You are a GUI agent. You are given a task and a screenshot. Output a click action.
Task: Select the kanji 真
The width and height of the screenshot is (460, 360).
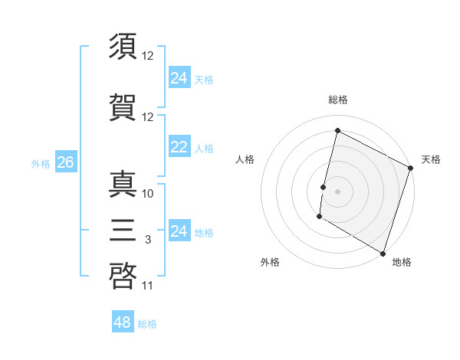click(123, 184)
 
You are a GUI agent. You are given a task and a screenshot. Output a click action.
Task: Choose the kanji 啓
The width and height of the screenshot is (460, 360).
click(123, 274)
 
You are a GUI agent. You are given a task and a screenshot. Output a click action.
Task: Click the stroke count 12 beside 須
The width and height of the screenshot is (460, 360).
click(148, 56)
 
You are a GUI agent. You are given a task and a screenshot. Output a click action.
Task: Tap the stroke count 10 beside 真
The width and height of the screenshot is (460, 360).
click(148, 193)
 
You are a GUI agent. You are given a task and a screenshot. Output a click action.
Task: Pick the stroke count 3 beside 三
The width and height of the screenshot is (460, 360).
click(148, 240)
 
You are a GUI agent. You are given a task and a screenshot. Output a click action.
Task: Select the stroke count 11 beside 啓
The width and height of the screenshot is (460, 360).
click(148, 286)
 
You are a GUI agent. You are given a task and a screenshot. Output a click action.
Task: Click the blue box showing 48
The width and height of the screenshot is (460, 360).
click(123, 322)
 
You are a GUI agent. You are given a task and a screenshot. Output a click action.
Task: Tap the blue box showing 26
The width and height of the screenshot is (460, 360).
click(65, 162)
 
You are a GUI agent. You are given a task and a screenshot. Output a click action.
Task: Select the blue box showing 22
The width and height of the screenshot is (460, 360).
click(179, 148)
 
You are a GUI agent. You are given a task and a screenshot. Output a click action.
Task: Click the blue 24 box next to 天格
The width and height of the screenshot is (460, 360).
click(179, 78)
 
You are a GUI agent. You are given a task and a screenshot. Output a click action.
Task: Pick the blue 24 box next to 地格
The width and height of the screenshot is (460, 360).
click(179, 231)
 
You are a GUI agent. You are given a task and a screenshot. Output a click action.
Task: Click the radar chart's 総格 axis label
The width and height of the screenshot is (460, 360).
click(337, 100)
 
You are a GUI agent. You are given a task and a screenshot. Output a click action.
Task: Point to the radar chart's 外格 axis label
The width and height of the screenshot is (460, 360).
click(270, 262)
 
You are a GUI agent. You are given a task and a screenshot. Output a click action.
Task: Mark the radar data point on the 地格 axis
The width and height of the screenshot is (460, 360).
click(382, 252)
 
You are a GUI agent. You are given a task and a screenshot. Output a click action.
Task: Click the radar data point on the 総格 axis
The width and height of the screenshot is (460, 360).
click(337, 130)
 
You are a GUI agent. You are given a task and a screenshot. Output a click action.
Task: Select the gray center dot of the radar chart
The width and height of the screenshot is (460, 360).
click(337, 191)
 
